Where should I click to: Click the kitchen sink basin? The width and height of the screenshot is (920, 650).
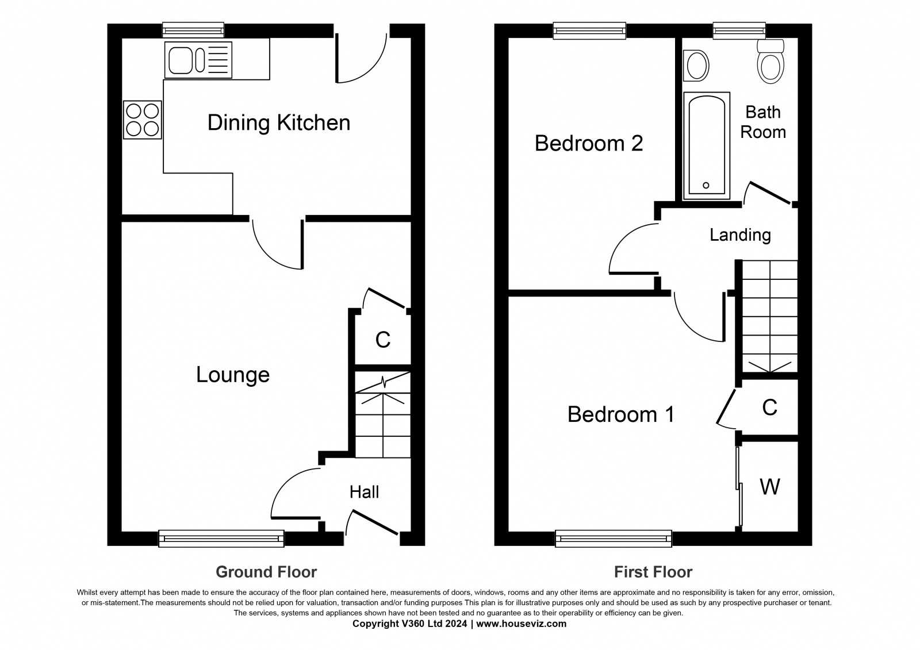point(181,60)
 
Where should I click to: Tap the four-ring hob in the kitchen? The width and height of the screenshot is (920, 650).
point(143,120)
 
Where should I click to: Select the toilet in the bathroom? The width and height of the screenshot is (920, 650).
point(770,61)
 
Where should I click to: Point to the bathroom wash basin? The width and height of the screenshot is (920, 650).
point(696,66)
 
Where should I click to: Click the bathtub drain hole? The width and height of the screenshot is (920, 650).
point(706,185)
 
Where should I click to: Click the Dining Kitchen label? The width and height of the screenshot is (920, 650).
point(279,122)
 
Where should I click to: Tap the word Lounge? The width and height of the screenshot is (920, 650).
point(233,375)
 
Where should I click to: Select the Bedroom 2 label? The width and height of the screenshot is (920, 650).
point(589,143)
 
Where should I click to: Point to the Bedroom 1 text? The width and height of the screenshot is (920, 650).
point(620,414)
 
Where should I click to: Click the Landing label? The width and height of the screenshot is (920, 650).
point(740,235)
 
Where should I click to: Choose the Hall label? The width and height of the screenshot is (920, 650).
point(365,492)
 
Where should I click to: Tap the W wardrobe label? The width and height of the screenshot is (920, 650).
point(770,487)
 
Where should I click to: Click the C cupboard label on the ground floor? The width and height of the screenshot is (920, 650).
point(383,340)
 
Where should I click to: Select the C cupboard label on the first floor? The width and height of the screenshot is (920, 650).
point(770,407)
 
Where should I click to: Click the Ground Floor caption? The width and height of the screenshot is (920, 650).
point(266,572)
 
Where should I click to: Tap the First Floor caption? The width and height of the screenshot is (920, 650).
point(653,572)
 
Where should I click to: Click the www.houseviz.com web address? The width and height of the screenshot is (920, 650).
point(521,624)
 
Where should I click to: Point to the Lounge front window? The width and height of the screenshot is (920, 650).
point(221,539)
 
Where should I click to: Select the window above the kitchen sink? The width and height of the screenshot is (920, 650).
point(193,30)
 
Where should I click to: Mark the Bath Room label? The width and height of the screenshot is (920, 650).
point(763,122)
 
